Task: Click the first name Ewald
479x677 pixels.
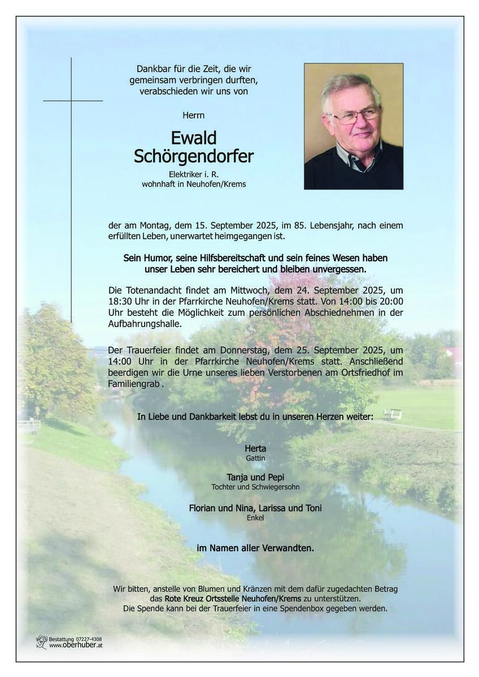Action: (x=194, y=138)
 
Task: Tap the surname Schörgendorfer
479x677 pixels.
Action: (x=194, y=156)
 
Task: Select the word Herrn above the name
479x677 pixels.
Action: (x=194, y=115)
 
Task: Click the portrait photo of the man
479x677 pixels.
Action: (x=354, y=126)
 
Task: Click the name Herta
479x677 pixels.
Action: (x=255, y=449)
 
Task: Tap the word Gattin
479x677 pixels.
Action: (x=255, y=458)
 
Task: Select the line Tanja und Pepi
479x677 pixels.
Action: (x=255, y=477)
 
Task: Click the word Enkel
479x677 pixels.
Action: (x=255, y=517)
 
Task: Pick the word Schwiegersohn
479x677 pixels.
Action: (x=276, y=487)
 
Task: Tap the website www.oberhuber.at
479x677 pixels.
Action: (x=76, y=645)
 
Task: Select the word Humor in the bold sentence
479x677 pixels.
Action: (x=153, y=258)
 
